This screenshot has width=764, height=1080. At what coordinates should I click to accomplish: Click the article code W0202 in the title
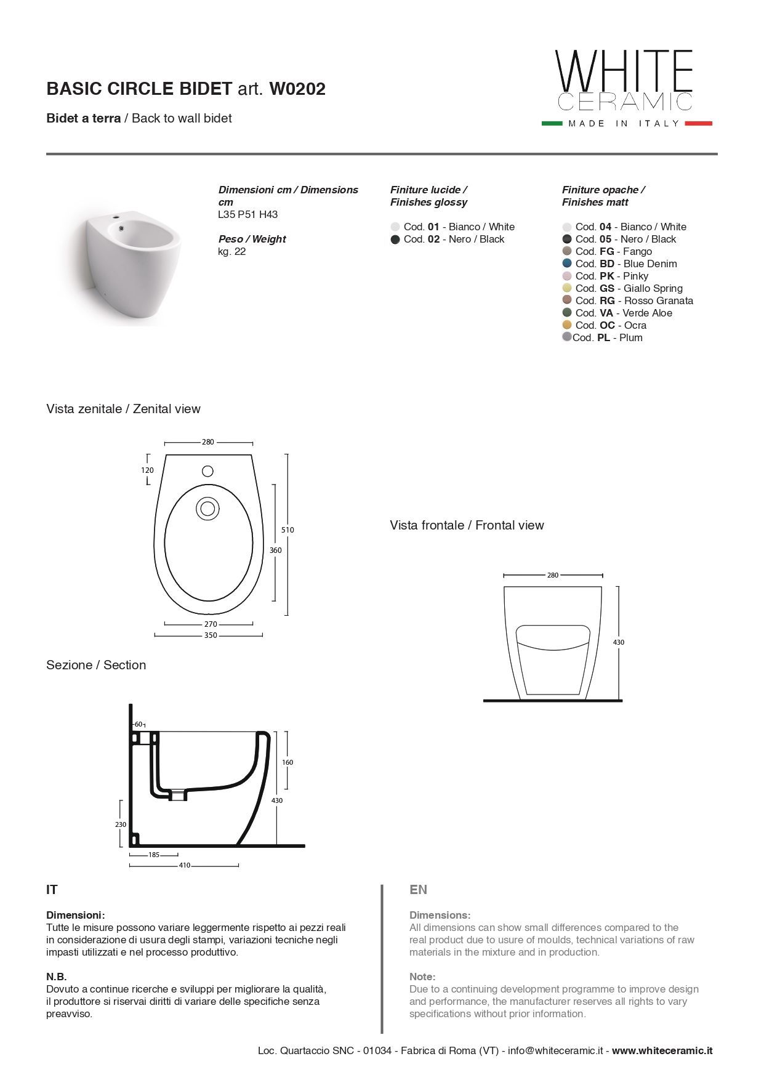(x=297, y=89)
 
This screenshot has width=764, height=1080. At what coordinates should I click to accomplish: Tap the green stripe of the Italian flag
(x=552, y=124)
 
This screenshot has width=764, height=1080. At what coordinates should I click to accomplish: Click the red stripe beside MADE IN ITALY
(x=698, y=124)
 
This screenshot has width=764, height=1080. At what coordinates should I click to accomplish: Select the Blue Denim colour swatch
(x=567, y=264)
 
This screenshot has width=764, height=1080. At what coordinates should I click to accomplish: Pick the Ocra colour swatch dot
(x=567, y=325)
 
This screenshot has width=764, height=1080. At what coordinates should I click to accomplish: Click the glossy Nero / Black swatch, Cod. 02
(x=395, y=240)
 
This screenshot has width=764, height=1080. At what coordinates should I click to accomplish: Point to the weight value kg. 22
(x=232, y=252)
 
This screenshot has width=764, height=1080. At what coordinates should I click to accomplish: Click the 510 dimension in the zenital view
(x=288, y=530)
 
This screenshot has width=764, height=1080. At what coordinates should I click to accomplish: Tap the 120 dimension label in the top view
(x=147, y=470)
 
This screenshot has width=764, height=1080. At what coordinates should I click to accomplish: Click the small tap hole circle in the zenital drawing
(x=208, y=471)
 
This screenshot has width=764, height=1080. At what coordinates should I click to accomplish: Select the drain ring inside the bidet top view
(x=207, y=509)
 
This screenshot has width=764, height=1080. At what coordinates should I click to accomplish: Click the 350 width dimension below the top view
(x=211, y=635)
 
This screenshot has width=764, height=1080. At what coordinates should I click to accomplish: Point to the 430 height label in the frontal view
(x=619, y=642)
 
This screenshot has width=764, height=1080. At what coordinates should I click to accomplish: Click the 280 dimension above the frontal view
(x=553, y=575)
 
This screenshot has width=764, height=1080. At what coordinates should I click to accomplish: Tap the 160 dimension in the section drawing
(x=288, y=762)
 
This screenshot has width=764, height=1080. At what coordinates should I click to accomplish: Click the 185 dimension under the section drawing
(x=154, y=855)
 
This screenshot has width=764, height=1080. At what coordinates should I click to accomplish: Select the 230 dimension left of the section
(x=121, y=824)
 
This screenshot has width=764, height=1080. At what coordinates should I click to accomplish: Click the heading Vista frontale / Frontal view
(x=467, y=525)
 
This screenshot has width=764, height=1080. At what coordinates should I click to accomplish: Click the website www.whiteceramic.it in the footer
(x=662, y=1051)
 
